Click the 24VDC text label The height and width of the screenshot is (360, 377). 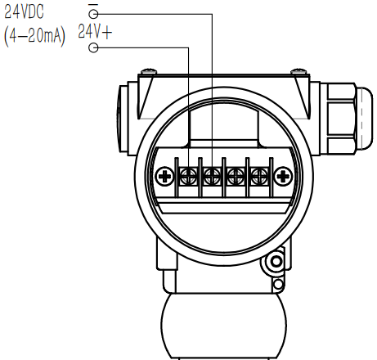pos(24,12)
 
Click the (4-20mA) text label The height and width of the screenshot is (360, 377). pos(34,37)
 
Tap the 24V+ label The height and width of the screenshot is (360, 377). pos(95,32)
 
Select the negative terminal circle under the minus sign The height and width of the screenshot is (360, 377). pos(93,14)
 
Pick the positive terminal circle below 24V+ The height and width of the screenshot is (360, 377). pos(93,47)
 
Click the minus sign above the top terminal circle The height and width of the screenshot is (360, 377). pos(93,5)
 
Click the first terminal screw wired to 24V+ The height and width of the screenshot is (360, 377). pos(189,176)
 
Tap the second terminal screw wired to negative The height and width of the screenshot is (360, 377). pos(213,176)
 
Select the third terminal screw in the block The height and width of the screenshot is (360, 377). pos(236,176)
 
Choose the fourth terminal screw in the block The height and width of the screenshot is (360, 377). pos(259,176)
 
